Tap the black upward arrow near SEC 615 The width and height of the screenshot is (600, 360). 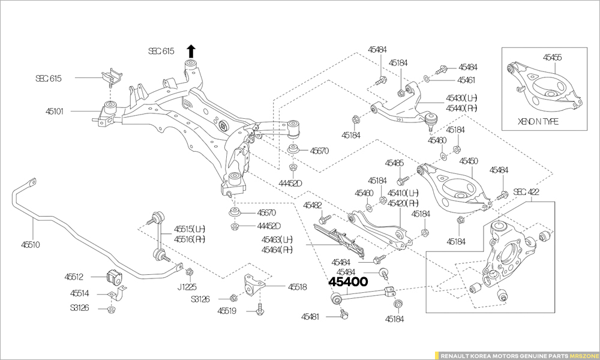coord(191,50)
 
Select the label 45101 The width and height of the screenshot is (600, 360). coord(58,111)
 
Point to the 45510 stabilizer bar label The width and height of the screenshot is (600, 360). coord(31,245)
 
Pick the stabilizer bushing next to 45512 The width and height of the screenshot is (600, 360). coord(113,278)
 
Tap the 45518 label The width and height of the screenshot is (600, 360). coord(297,287)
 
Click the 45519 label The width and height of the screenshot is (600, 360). coord(227,311)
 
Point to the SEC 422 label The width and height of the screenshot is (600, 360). coord(526,192)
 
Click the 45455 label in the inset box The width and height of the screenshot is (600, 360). coord(552,58)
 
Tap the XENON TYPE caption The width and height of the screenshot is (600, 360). coord(538,121)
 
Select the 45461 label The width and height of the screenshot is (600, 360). coord(466,79)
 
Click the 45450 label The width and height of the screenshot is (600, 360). coord(469,161)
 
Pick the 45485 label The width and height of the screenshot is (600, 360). coord(394,163)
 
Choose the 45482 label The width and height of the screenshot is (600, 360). coord(312,205)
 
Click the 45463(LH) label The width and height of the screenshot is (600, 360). coord(277,239)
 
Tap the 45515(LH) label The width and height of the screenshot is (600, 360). coord(190,229)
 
